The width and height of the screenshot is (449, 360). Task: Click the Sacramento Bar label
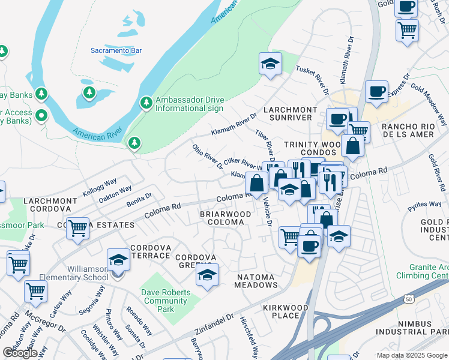115,50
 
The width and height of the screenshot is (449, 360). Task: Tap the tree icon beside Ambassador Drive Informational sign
146,103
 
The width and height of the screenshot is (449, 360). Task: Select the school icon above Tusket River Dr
270,64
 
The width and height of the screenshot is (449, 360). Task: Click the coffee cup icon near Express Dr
376,92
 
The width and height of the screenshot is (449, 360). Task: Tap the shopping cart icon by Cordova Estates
78,229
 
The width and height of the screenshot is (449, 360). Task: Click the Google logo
20,353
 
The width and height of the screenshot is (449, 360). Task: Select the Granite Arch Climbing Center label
423,271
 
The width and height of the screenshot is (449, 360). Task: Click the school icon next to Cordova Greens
207,275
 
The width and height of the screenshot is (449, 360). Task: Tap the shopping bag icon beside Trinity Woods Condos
354,146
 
